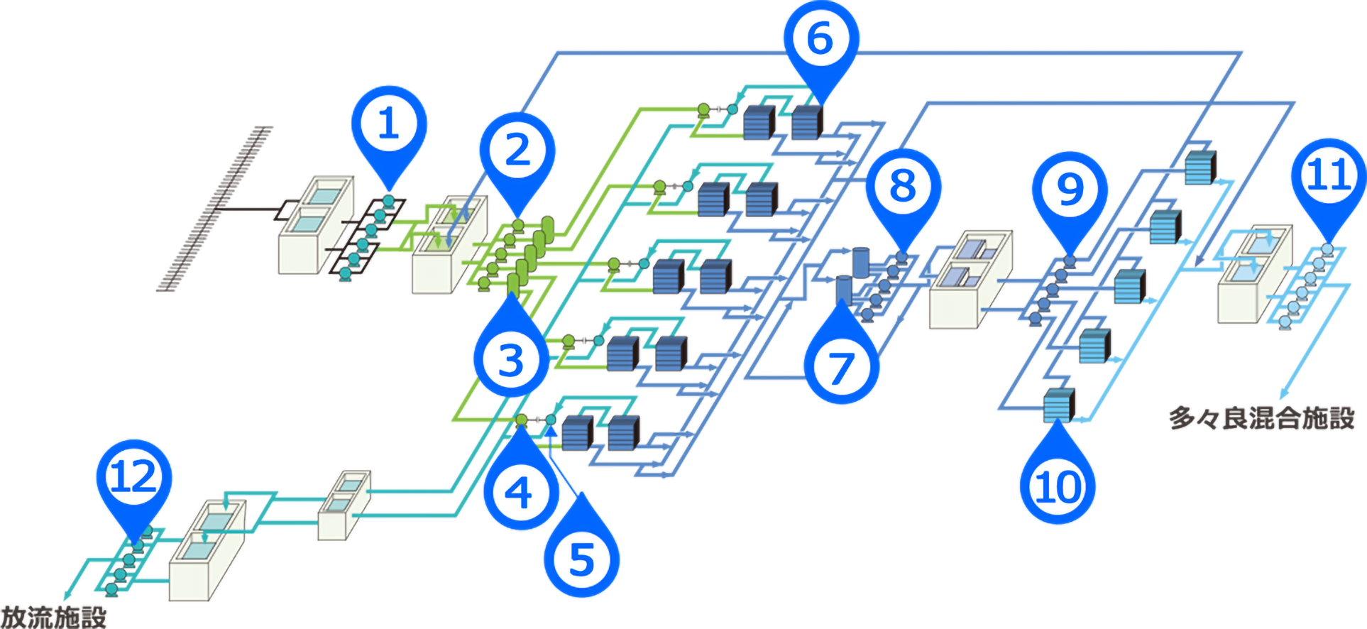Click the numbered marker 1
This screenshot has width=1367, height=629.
(x=389, y=124)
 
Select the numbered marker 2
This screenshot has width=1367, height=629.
(x=517, y=151)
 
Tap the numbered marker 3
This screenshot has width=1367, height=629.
(x=511, y=359)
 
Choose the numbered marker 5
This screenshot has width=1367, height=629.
(x=581, y=559)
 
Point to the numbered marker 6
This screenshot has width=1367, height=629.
(x=820, y=38)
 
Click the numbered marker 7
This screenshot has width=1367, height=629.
(x=841, y=367)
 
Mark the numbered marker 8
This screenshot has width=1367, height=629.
(x=903, y=187)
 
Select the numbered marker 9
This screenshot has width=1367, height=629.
(x=1070, y=190)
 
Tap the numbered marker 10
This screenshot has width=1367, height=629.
(x=1058, y=487)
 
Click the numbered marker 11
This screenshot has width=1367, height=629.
(x=1329, y=175)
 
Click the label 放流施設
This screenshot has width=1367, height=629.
(x=53, y=617)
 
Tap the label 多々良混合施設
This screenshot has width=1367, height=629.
(x=1261, y=417)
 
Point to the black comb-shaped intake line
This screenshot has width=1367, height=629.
(x=213, y=209)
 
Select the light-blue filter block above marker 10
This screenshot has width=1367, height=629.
(x=1058, y=405)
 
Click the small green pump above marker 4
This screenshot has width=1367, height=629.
(x=522, y=420)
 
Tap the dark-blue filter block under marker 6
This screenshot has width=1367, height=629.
(x=806, y=122)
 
